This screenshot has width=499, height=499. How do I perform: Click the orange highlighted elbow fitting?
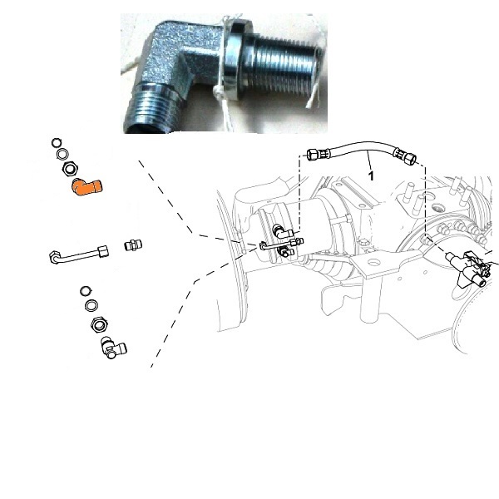[x=86, y=187]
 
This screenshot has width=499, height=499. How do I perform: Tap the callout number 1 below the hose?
[x=371, y=175]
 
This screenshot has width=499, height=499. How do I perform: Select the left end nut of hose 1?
[x=314, y=155]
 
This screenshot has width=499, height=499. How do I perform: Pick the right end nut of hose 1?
[x=410, y=158]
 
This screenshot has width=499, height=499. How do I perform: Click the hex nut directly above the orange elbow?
[x=70, y=169]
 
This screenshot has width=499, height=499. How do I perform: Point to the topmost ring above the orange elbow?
[x=57, y=143]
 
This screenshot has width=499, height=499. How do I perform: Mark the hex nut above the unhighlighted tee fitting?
[x=99, y=325]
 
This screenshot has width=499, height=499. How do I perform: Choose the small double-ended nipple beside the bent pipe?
[x=133, y=245]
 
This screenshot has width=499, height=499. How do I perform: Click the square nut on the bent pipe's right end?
[x=103, y=251]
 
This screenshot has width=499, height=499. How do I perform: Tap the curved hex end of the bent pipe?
[x=55, y=257]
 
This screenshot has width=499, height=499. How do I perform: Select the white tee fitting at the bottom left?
[x=113, y=348]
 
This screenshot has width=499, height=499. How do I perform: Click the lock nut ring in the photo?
[x=235, y=60]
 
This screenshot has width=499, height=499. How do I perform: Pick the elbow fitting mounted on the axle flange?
[x=282, y=231]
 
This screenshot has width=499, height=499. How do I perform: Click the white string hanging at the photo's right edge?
[x=314, y=96]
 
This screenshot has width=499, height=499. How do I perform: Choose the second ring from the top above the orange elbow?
[x=62, y=155]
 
